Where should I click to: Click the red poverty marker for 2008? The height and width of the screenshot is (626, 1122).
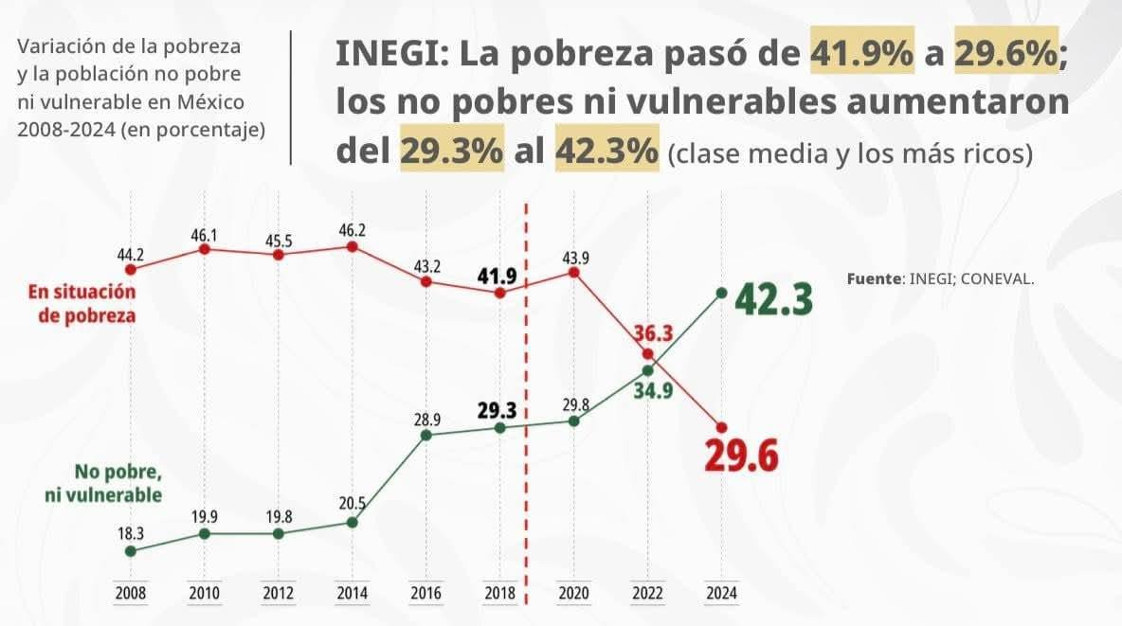(131, 269)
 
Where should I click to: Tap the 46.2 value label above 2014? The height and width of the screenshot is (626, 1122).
(352, 228)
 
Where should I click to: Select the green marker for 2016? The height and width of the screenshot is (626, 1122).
(425, 435)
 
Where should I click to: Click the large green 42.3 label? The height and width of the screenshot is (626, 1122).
(772, 300)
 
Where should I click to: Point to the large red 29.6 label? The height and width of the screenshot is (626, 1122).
(741, 456)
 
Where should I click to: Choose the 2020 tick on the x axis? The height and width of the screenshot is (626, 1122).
(573, 594)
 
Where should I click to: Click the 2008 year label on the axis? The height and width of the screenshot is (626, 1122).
(131, 594)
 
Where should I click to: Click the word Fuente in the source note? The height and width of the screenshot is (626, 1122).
(875, 279)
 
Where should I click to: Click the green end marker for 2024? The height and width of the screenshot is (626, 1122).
(721, 294)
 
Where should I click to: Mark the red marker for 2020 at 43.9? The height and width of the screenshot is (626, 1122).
(573, 272)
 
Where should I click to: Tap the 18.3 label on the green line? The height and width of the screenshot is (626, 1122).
(131, 533)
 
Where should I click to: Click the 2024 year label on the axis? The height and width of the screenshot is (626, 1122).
(721, 594)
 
